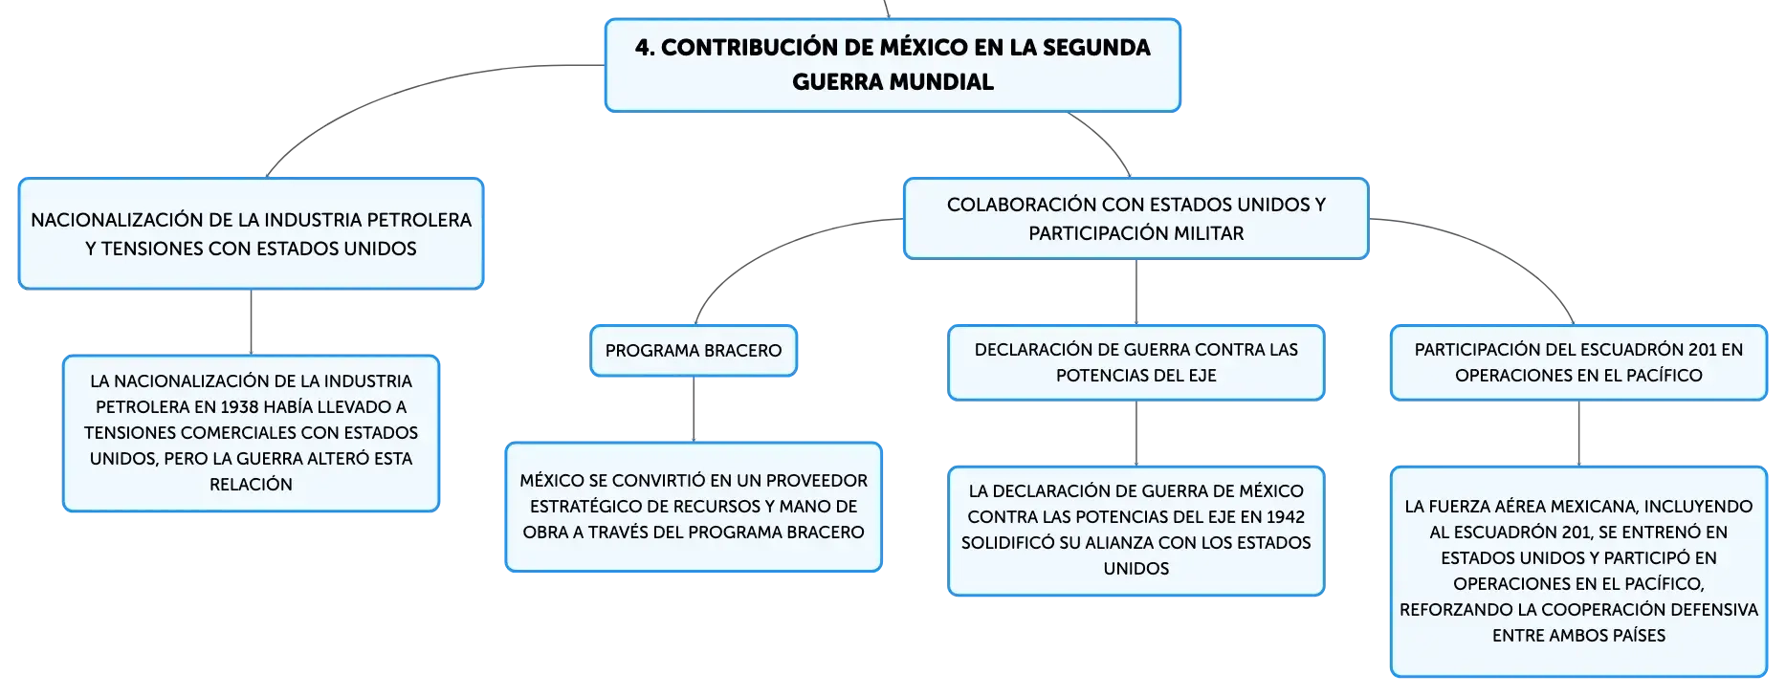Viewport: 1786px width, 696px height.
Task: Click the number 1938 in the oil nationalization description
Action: [x=240, y=407]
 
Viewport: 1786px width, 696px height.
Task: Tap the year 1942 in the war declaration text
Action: [x=1285, y=517]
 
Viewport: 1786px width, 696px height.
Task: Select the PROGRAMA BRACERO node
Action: [x=694, y=351]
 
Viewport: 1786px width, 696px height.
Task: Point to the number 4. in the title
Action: [x=646, y=48]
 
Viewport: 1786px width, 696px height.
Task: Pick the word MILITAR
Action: [x=1209, y=233]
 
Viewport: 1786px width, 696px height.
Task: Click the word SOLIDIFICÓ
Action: [x=1005, y=543]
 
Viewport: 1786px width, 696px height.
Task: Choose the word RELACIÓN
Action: [x=252, y=485]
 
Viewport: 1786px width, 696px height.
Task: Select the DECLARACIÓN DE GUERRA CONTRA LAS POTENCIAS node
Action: [x=1136, y=362]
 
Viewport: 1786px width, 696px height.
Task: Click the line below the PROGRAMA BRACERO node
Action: [x=694, y=409]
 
